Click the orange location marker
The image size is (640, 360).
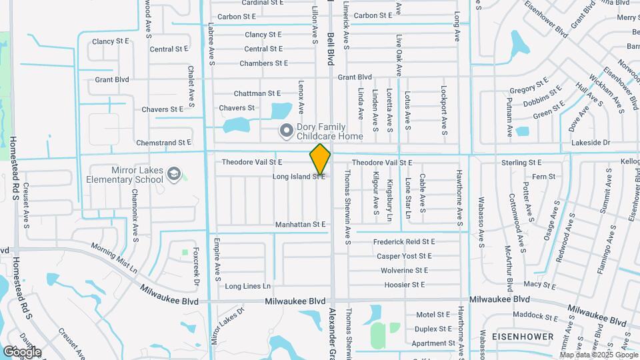coord(320,159)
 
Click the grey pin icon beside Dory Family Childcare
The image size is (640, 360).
coord(286,130)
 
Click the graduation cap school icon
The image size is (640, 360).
coord(174,173)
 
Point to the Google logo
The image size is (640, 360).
coord(22,351)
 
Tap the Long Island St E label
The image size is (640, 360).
coord(299,177)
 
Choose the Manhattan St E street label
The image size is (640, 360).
coord(301,225)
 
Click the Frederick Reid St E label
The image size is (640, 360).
coord(404,241)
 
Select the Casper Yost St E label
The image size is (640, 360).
coord(404,256)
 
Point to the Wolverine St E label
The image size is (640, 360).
coord(404,271)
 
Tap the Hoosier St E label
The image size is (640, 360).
coord(404,285)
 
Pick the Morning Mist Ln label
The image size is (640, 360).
coord(113,260)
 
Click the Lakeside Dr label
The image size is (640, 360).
coord(591,143)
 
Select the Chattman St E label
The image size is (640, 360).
coord(257,93)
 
